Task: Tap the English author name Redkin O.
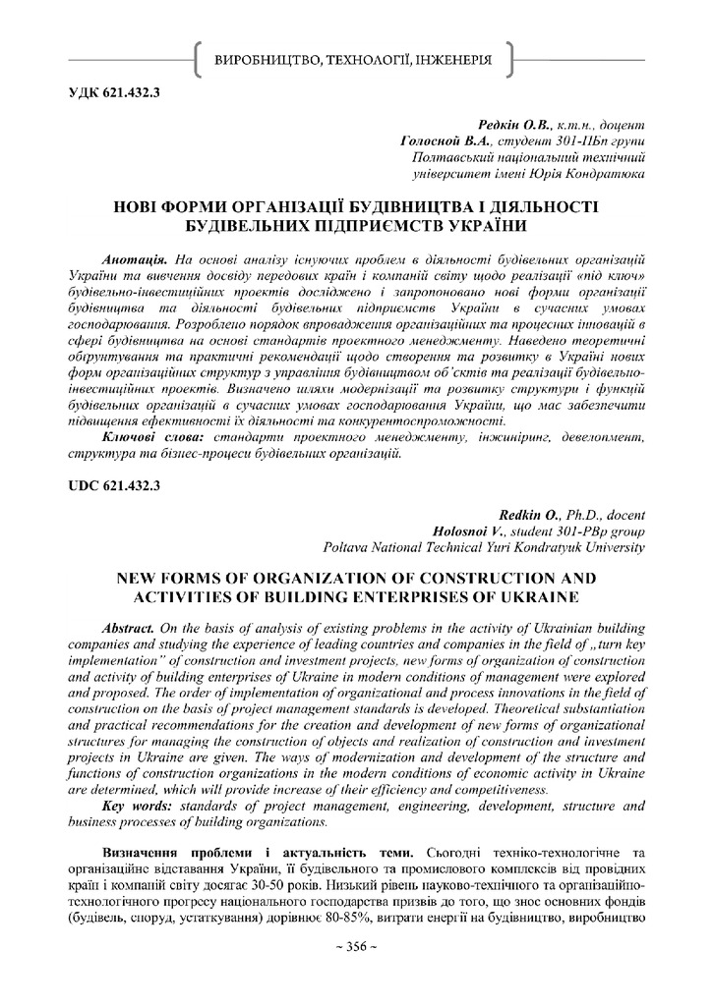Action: tap(522, 515)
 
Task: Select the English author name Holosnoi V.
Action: tap(467, 531)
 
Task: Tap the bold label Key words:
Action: tap(141, 806)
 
